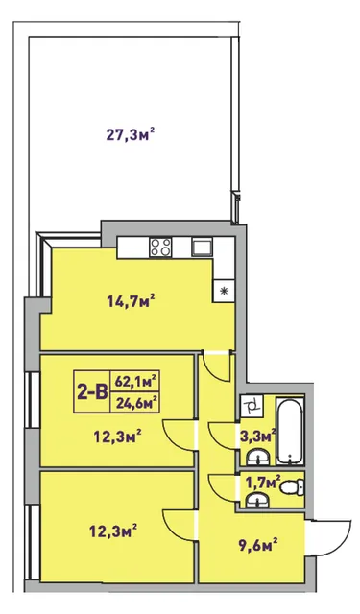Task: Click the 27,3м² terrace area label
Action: tap(130, 135)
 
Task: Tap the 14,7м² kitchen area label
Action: tap(131, 300)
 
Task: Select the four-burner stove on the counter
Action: tap(160, 248)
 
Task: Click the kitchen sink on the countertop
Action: tap(203, 248)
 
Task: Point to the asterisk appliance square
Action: tap(224, 291)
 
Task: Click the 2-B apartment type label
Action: tap(92, 391)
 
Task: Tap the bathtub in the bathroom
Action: tap(290, 431)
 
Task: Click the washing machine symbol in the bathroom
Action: tap(252, 406)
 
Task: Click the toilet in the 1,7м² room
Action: tap(293, 488)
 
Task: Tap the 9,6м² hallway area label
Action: tap(257, 544)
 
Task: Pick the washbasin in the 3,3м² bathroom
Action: tap(257, 457)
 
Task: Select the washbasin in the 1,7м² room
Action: tap(257, 500)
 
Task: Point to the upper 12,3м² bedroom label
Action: tap(117, 436)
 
